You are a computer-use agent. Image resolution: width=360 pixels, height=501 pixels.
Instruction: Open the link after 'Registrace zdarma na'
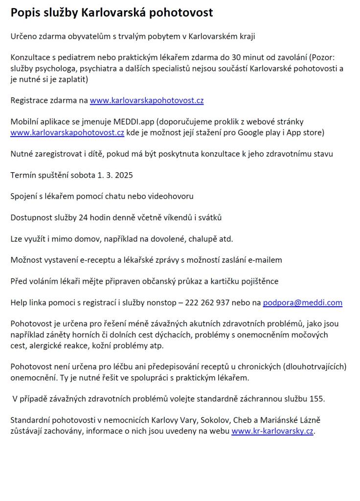pyautogui.click(x=146, y=101)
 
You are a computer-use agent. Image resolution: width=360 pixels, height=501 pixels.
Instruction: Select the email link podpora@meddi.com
pyautogui.click(x=302, y=302)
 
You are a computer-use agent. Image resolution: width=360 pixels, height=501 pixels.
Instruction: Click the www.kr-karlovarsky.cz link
pyautogui.click(x=272, y=431)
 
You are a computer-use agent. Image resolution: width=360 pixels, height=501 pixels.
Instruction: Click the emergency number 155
pyautogui.click(x=317, y=399)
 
